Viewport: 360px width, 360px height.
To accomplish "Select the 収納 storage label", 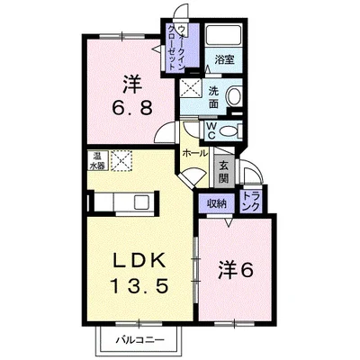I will pyautogui.click(x=215, y=203).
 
